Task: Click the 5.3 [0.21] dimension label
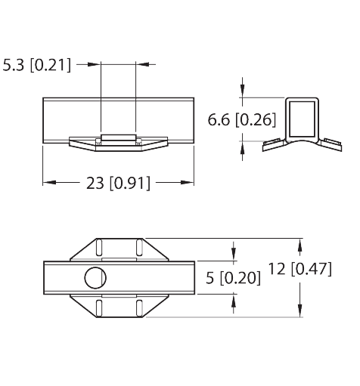point(37,65)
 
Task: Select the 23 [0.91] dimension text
point(118,183)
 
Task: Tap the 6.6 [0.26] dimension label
point(242,120)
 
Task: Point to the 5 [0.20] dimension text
point(233,278)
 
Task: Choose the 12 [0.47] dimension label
point(299,269)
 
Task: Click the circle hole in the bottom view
point(95,278)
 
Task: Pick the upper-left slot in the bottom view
point(99,248)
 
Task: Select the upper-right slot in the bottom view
point(139,248)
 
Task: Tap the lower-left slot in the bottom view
point(99,308)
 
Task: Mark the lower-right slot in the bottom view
point(139,308)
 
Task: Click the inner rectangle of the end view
point(302,119)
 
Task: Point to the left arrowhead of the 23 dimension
point(49,182)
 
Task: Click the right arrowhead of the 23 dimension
point(188,182)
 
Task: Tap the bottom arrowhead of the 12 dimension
point(299,310)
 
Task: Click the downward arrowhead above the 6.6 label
point(242,91)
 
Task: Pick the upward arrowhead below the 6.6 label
point(242,148)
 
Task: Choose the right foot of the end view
point(331,145)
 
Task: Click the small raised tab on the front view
point(118,137)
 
